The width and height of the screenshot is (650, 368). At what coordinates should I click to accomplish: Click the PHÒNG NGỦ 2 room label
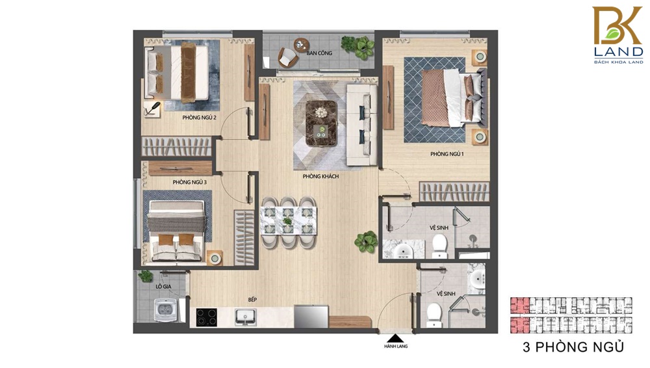click(x=199, y=118)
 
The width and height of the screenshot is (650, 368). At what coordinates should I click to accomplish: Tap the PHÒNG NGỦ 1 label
click(x=447, y=154)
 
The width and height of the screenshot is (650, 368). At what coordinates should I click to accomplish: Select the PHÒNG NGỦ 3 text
click(x=189, y=182)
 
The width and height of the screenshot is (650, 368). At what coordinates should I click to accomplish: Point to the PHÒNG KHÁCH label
click(x=320, y=176)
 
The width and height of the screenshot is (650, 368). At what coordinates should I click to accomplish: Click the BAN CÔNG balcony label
click(x=319, y=53)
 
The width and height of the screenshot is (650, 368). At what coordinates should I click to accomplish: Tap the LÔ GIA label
click(x=163, y=287)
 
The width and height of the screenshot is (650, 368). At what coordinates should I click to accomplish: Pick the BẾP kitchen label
click(x=252, y=300)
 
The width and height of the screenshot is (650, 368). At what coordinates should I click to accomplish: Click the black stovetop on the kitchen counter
click(x=207, y=317)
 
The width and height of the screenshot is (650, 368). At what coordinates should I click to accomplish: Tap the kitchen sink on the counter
click(x=246, y=317)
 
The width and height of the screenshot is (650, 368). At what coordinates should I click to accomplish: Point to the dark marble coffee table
click(x=321, y=124)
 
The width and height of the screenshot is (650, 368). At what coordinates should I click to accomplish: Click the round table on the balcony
click(x=302, y=44)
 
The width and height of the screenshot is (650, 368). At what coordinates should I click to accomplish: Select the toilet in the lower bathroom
click(x=434, y=315)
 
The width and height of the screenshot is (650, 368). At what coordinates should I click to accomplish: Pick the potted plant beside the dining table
click(x=366, y=242)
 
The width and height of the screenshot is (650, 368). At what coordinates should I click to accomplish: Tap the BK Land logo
click(x=618, y=36)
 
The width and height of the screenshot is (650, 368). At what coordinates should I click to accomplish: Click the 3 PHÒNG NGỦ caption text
click(x=573, y=347)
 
